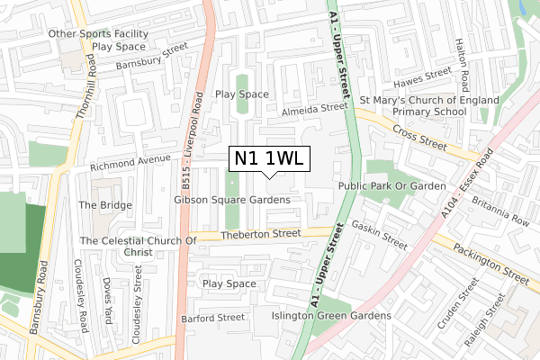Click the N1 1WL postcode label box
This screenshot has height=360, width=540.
click(x=271, y=158)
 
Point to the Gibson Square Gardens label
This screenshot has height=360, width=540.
click(x=232, y=199)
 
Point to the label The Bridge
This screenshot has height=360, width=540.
click(x=104, y=205)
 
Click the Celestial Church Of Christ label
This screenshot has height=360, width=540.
click(x=138, y=247)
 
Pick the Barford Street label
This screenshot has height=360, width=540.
click(x=212, y=317)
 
